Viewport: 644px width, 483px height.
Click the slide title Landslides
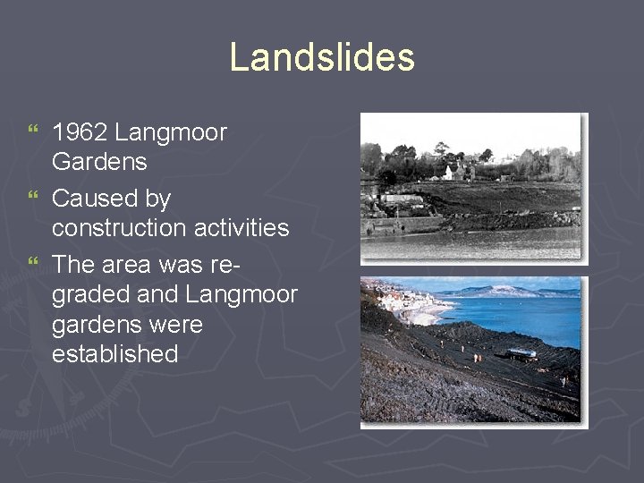pos(322,57)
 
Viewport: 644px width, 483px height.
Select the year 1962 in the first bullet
pos(80,133)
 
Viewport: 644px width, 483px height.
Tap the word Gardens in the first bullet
pos(99,163)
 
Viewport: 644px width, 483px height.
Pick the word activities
pos(245,228)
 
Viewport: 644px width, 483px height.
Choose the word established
pos(115,353)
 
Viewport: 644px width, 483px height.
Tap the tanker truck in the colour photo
pos(521,354)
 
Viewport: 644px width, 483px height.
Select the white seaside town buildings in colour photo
pos(397,299)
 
